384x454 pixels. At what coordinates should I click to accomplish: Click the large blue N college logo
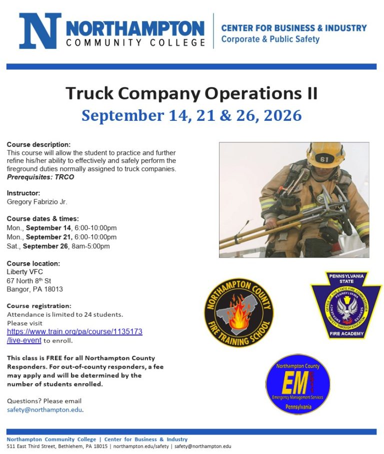(40, 31)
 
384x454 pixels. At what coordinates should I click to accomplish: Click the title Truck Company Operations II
(191, 93)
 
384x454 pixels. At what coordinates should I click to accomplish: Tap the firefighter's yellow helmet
(326, 155)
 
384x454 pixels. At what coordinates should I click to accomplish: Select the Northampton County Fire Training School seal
(239, 313)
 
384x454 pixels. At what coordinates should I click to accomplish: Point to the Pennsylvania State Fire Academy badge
(345, 305)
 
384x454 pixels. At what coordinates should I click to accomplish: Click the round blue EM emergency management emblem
(297, 384)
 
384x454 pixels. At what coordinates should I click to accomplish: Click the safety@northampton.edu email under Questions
(44, 410)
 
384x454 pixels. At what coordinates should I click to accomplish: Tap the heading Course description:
(38, 145)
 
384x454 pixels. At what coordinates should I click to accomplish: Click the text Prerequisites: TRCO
(40, 177)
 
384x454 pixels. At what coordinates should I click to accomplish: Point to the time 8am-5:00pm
(92, 246)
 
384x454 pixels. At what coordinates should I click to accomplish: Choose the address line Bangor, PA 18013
(34, 289)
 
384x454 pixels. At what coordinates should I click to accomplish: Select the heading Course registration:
(39, 306)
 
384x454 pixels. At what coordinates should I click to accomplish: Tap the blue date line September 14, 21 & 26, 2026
(191, 115)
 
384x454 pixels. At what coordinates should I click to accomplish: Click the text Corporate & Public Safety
(270, 39)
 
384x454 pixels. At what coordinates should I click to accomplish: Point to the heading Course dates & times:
(42, 219)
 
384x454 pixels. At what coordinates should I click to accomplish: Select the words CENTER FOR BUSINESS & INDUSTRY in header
(294, 28)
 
